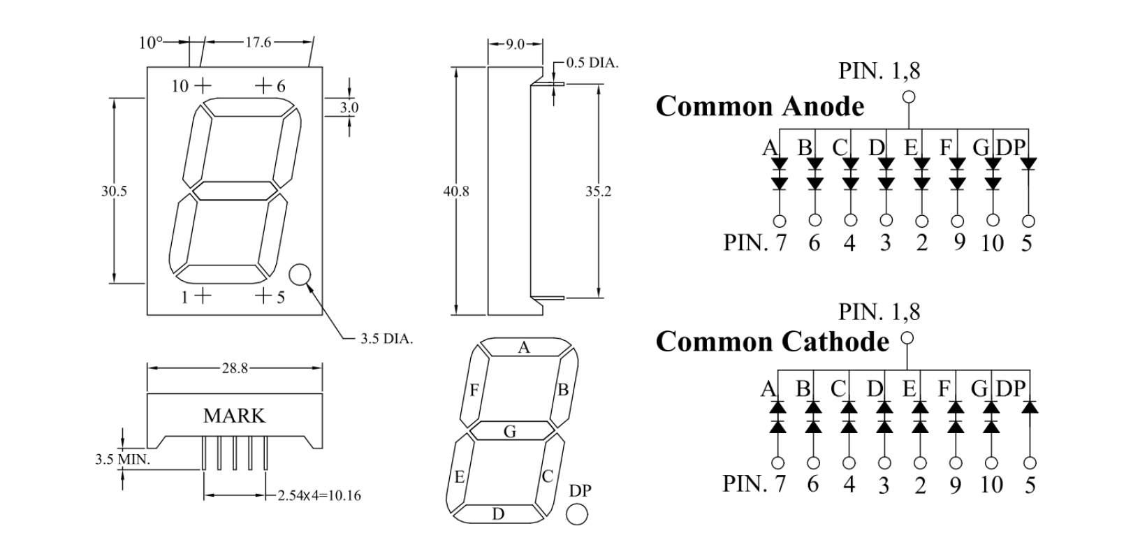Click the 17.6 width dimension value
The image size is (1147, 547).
[x=258, y=43]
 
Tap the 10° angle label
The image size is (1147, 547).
[x=149, y=43]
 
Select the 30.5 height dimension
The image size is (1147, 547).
[x=114, y=191]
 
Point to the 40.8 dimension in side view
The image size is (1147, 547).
[x=456, y=191]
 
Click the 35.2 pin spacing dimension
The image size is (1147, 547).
[x=598, y=191]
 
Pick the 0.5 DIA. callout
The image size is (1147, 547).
[x=592, y=64]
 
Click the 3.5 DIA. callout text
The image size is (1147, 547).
[x=386, y=340]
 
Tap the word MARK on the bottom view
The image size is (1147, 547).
[x=234, y=416]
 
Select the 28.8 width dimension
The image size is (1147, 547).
[x=235, y=368]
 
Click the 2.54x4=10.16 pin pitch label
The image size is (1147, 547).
[x=319, y=496]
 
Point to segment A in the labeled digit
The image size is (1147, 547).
[x=524, y=347]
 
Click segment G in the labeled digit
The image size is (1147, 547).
[x=510, y=432]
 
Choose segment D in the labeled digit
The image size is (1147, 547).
[x=498, y=514]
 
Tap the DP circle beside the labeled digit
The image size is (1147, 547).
[x=577, y=516]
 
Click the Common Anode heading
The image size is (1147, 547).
[x=759, y=106]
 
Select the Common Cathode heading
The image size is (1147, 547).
[x=772, y=342]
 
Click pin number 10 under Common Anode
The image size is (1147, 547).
[x=992, y=243]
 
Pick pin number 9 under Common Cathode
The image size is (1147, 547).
[x=955, y=485]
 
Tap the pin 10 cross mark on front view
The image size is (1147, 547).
[x=202, y=85]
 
